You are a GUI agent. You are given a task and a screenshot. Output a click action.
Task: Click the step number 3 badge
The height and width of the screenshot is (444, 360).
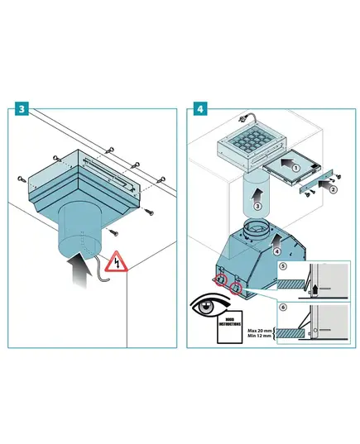click(22, 109)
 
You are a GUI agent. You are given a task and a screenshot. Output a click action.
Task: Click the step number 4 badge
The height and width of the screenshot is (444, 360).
click(200, 109)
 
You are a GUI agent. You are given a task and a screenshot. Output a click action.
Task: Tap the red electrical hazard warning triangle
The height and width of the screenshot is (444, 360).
click(116, 261)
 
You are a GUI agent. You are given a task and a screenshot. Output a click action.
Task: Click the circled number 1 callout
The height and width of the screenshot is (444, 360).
click(296, 168)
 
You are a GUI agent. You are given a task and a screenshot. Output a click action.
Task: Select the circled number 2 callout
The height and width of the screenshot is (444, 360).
click(334, 189)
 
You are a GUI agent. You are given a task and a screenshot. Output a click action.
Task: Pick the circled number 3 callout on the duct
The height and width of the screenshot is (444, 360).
click(257, 206)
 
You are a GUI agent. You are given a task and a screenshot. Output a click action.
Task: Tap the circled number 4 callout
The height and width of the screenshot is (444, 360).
click(277, 251)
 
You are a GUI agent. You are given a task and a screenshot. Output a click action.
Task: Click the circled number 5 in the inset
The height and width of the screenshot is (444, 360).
click(283, 266)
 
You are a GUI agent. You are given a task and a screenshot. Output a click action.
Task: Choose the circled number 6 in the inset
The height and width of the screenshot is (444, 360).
click(283, 308)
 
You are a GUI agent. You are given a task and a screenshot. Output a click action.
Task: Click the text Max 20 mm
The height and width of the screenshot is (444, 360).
click(260, 331)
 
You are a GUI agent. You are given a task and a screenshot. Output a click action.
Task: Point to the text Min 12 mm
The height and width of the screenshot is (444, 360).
click(259, 336)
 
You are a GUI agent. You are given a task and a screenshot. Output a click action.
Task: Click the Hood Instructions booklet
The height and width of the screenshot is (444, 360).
click(229, 327)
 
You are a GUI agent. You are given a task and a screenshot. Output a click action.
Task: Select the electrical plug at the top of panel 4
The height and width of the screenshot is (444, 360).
click(244, 117)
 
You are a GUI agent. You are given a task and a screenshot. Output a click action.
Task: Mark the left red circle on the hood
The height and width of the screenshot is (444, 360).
click(221, 279)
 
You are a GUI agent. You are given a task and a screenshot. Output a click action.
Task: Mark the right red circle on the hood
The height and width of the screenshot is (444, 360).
click(236, 288)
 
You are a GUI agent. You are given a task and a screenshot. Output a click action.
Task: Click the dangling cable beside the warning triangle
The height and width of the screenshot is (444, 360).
click(102, 269)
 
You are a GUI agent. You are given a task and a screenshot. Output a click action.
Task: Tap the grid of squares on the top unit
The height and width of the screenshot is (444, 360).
click(252, 139)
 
